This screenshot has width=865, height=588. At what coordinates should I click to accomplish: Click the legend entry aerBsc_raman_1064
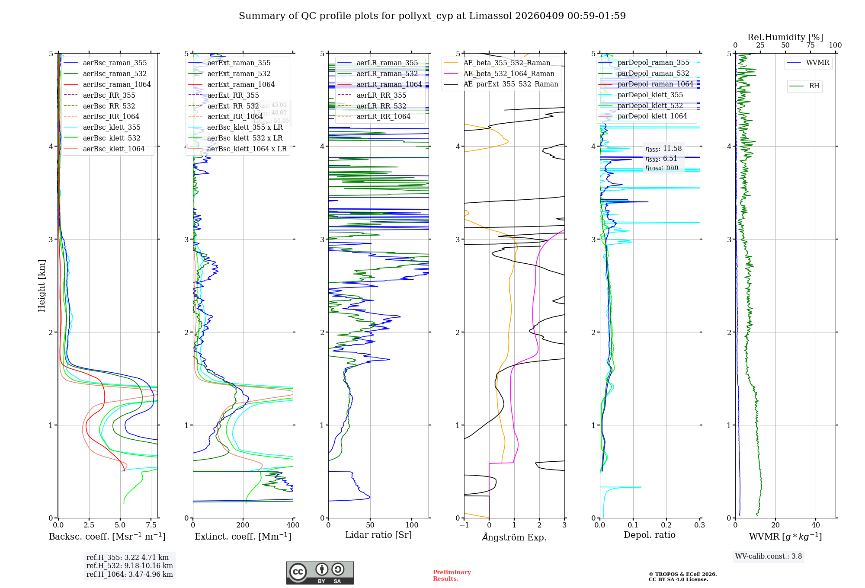pyautogui.click(x=117, y=84)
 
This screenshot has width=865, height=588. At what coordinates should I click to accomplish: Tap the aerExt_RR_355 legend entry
pyautogui.click(x=233, y=95)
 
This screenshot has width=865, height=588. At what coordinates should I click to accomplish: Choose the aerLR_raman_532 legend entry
pyautogui.click(x=387, y=73)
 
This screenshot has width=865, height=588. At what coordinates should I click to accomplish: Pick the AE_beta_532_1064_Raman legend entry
pyautogui.click(x=509, y=73)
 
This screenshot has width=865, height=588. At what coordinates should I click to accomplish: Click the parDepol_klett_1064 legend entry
pyautogui.click(x=652, y=116)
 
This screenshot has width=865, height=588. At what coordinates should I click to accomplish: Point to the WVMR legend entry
pyautogui.click(x=817, y=63)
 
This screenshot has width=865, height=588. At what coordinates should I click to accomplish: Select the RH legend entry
pyautogui.click(x=814, y=86)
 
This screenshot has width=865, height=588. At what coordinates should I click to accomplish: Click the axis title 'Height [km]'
pyautogui.click(x=42, y=286)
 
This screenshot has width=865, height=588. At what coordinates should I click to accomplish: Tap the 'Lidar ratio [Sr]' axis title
pyautogui.click(x=378, y=535)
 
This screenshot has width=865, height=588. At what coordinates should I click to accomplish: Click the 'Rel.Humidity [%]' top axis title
pyautogui.click(x=785, y=37)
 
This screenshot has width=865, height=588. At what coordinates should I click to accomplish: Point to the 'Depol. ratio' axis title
pyautogui.click(x=649, y=535)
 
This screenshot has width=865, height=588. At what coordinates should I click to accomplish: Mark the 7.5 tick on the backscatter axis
pyautogui.click(x=151, y=525)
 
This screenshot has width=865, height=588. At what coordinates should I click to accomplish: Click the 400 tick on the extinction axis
pyautogui.click(x=293, y=525)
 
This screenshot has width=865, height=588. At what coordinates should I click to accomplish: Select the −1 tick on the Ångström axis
pyautogui.click(x=464, y=525)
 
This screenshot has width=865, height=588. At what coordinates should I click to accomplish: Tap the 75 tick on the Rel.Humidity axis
pyautogui.click(x=810, y=45)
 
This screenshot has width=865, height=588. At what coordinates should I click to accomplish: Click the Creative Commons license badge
pyautogui.click(x=320, y=572)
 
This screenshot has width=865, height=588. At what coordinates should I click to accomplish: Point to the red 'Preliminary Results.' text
pyautogui.click(x=452, y=575)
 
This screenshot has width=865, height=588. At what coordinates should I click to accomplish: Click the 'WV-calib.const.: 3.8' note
pyautogui.click(x=769, y=556)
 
